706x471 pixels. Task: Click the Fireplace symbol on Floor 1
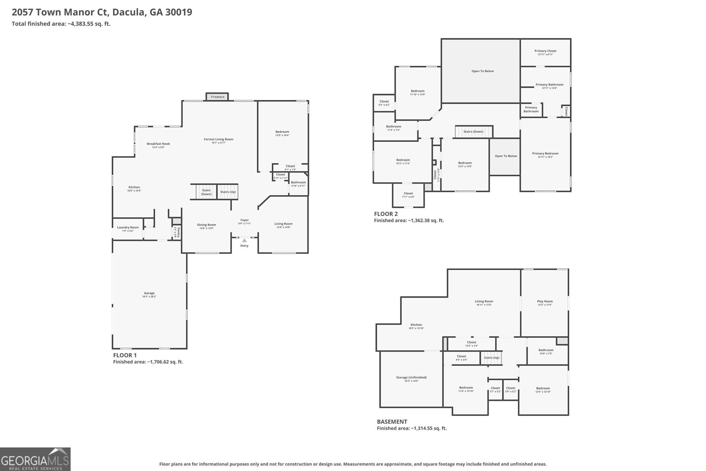217,97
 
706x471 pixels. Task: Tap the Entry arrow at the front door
244,240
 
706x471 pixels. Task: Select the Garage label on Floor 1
149,293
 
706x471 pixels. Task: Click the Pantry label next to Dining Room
176,232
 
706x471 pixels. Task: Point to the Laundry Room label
128,228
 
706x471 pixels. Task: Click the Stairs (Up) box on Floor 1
228,192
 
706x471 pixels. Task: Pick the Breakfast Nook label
158,144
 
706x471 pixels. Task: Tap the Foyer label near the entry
244,220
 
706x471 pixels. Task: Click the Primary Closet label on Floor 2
545,51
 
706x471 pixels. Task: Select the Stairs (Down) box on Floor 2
473,132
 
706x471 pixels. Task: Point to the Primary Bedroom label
545,154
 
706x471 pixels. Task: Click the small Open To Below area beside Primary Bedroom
506,156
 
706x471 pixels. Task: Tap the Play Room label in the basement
545,301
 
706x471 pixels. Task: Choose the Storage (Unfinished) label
411,377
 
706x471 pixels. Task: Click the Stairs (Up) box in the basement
491,358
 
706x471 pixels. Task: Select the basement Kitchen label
416,325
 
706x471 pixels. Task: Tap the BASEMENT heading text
392,422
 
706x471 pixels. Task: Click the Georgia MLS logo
35,459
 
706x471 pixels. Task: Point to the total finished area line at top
61,24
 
